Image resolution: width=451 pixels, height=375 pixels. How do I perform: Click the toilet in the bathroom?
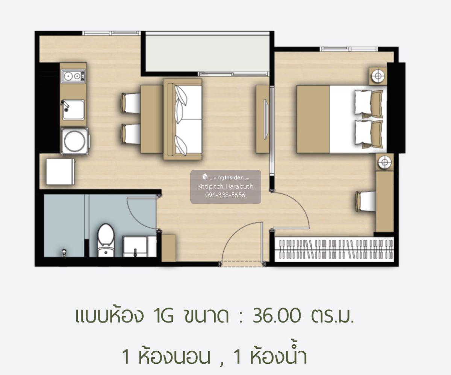106,240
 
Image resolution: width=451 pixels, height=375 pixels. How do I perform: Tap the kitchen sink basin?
73,110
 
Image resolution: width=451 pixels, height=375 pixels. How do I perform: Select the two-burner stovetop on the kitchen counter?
73,76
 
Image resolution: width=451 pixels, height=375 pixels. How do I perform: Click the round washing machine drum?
74,141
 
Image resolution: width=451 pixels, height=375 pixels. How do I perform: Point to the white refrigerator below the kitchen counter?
61,172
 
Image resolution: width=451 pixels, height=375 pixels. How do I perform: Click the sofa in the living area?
183,119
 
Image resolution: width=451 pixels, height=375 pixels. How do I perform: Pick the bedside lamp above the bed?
378,76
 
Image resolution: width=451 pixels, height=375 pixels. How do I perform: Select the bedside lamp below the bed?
384,162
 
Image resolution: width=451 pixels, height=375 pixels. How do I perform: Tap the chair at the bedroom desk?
366,202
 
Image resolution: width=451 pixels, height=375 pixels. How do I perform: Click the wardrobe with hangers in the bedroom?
334,250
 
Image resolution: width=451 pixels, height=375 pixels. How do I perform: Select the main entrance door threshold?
242,264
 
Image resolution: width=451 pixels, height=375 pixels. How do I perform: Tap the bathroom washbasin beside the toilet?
135,247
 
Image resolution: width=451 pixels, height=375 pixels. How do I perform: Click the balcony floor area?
207,53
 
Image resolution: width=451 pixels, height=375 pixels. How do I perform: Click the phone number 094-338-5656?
225,195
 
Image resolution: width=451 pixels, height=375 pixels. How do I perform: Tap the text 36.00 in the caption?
277,316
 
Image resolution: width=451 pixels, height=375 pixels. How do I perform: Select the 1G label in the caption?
164,316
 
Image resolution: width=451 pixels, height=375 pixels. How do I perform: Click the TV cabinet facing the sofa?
263,119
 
